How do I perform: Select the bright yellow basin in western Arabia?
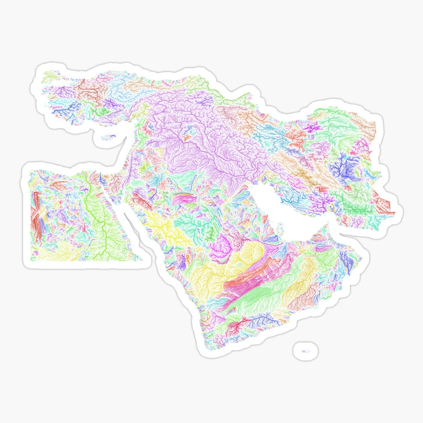pos(159,226)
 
